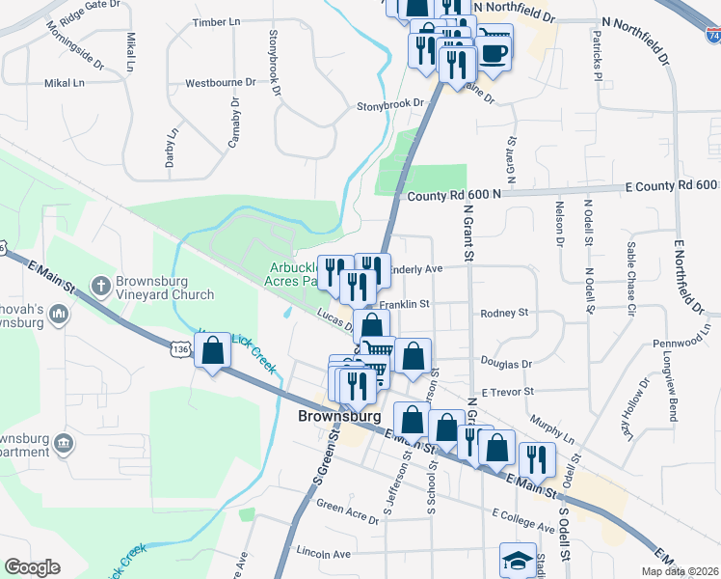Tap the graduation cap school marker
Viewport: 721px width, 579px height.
coord(518,561)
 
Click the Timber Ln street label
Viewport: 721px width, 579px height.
coord(216,22)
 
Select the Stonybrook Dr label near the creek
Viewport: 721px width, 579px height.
coord(391,103)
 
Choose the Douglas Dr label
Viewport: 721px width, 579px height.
coord(506,364)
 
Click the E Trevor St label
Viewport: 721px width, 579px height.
coord(507,392)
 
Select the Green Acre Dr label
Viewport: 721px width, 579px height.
coord(348,511)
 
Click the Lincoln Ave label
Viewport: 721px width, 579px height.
coord(324,554)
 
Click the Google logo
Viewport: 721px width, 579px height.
coord(33,567)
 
